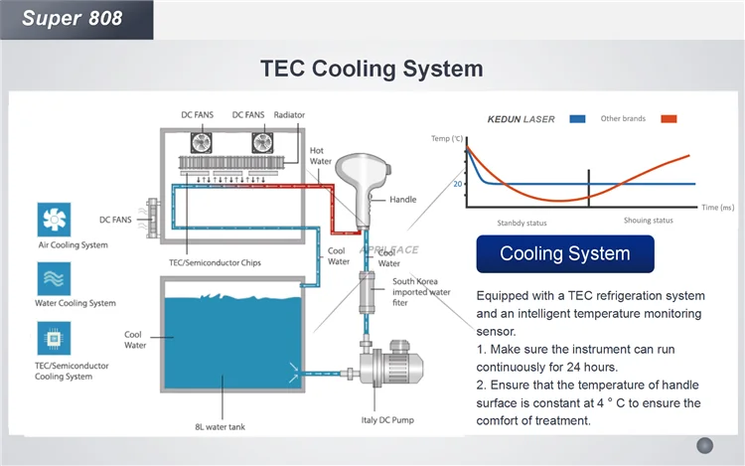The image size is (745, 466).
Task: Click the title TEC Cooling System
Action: [372, 69]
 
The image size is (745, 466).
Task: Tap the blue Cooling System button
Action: [564, 253]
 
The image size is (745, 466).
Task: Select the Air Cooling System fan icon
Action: [53, 220]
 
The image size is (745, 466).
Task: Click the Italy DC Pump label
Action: [388, 418]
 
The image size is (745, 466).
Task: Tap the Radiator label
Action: [289, 115]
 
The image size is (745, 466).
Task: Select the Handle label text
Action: [402, 200]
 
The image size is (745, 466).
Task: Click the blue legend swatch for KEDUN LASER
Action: [577, 119]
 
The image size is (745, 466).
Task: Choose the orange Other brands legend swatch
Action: [669, 119]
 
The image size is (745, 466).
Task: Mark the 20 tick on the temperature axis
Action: [458, 184]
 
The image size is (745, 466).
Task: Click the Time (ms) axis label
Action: [716, 208]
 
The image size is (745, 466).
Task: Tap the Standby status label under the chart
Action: [522, 223]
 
